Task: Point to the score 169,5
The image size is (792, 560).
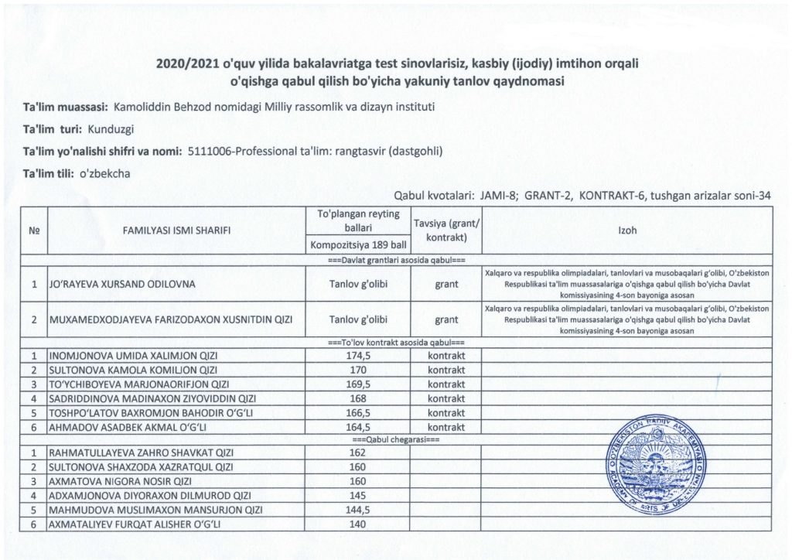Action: click(357, 384)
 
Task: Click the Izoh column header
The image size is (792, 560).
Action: click(628, 230)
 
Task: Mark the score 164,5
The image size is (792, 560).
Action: click(357, 426)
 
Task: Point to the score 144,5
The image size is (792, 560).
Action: click(357, 510)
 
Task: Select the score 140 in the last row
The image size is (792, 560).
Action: click(357, 524)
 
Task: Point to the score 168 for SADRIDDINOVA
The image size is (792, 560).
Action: click(357, 398)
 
